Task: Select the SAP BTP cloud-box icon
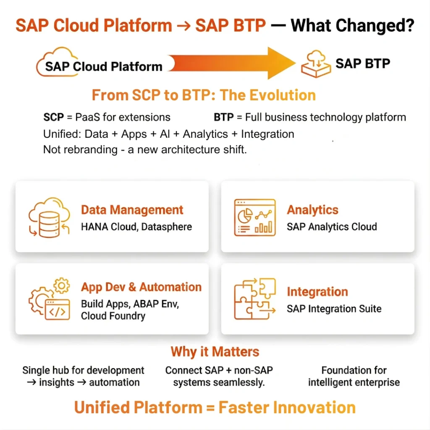pos(315,65)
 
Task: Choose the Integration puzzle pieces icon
pos(254,299)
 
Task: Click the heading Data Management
pos(132,210)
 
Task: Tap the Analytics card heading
pos(312,210)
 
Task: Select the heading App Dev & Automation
pos(141,287)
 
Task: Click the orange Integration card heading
pos(317,292)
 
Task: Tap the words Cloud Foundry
pos(113,316)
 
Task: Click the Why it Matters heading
pos(215,351)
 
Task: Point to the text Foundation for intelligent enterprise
pos(354,376)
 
